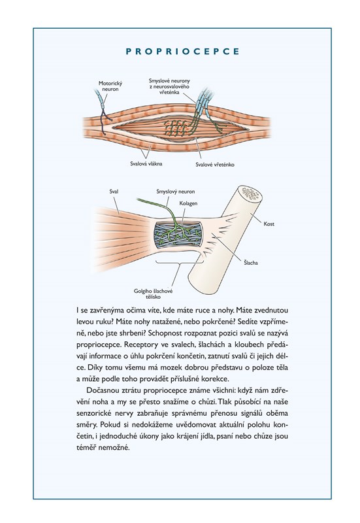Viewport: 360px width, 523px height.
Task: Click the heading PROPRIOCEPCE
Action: point(182,52)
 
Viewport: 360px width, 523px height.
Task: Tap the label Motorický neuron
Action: point(110,86)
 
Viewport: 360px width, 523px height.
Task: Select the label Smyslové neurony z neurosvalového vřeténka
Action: point(169,86)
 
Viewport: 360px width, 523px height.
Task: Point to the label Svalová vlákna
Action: point(146,164)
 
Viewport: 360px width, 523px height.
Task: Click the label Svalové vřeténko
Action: point(215,165)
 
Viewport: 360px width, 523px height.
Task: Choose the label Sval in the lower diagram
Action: point(114,192)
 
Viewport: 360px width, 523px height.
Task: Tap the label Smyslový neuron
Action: point(176,192)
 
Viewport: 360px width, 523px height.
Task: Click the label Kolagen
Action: point(188,203)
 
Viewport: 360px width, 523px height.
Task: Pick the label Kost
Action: point(269,224)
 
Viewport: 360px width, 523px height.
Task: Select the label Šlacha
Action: point(251,263)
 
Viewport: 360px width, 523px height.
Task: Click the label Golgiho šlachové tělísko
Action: point(153,294)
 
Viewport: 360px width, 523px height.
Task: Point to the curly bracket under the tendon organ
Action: point(180,263)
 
